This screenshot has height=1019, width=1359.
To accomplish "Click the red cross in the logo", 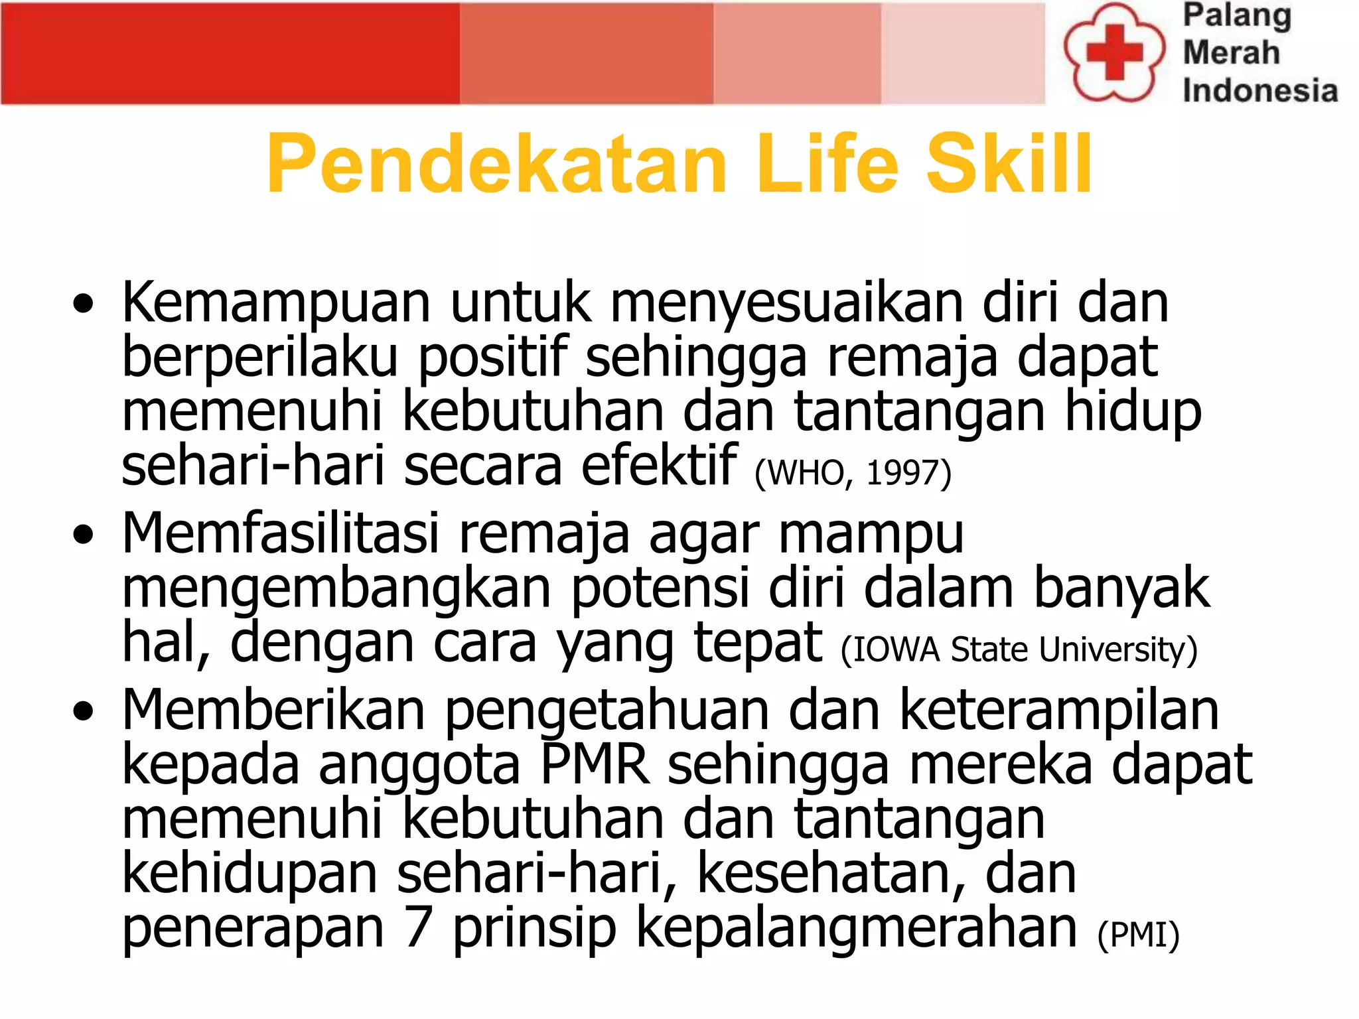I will coord(1114,52).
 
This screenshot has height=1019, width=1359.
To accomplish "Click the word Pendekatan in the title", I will coord(497,164).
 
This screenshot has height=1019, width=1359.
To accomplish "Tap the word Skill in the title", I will coord(1008,164).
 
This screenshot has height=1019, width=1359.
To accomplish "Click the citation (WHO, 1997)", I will coord(853,473).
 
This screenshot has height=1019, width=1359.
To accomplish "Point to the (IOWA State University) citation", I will coord(1019,649).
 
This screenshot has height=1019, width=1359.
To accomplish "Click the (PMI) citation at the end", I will coord(1138,935).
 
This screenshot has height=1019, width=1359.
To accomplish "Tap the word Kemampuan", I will coord(276,304).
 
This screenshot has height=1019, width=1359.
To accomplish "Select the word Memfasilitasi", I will coord(280,533).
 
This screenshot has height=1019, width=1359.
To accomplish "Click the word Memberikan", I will coord(273,710).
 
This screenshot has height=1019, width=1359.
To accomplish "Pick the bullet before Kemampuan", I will coord(83,305).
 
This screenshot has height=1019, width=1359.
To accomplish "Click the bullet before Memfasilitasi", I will coord(83,534).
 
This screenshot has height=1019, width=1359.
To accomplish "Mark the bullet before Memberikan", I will coord(83,711).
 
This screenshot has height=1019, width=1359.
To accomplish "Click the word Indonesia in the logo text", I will coord(1259,91).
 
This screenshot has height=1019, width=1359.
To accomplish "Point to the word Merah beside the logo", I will coord(1231,52).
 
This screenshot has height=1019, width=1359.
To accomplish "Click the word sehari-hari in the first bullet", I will coord(253,466).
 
